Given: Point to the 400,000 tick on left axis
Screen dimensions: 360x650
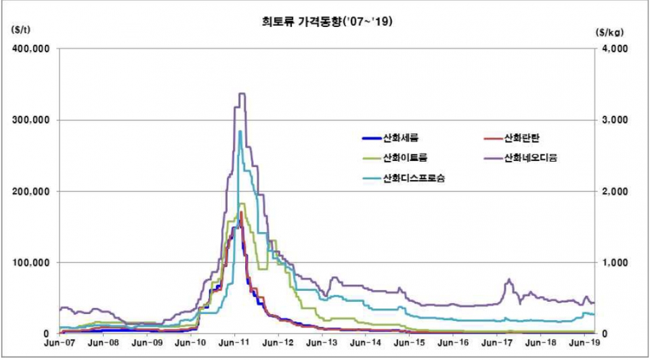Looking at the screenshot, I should click(31, 49).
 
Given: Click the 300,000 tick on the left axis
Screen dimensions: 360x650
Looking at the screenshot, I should click(31, 120).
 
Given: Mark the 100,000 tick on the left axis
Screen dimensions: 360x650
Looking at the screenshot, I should click(31, 262).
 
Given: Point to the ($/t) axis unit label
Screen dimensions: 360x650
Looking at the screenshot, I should click(20, 30).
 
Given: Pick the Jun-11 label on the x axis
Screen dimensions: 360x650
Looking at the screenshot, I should click(234, 344).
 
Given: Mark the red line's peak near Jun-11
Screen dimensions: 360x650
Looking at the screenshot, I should click(241, 213).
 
